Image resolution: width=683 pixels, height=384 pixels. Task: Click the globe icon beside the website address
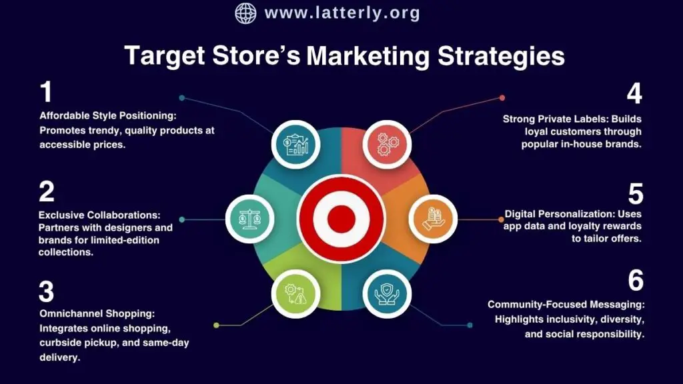[245, 13]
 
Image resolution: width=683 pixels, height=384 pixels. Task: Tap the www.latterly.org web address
[342, 13]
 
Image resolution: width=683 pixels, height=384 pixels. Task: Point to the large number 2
[46, 192]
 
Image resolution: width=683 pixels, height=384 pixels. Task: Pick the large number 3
[46, 292]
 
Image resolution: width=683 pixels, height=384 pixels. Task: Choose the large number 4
[634, 94]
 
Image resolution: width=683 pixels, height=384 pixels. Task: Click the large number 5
[635, 194]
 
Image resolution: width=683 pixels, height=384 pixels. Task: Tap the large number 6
[636, 281]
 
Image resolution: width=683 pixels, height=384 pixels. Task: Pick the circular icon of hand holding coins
[432, 218]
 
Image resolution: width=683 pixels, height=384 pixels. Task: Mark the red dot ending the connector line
[502, 98]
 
